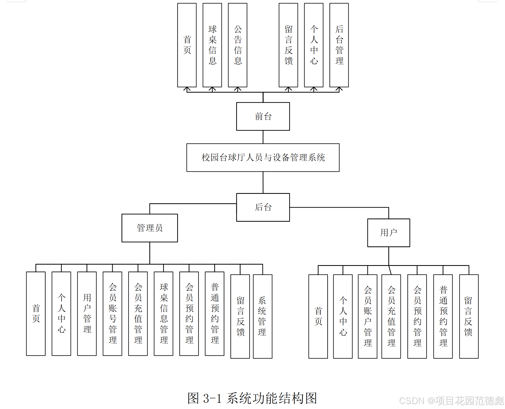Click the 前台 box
(x=263, y=116)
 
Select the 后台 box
(x=263, y=207)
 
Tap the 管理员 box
(x=150, y=228)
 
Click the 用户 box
(x=389, y=233)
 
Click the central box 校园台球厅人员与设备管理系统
(x=263, y=157)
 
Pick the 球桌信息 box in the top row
(x=212, y=45)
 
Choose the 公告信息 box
(x=237, y=45)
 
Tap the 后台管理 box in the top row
(x=339, y=45)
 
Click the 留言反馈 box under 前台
(x=288, y=45)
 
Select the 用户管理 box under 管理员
(x=87, y=314)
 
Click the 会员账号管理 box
(x=112, y=314)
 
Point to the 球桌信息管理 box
(x=163, y=314)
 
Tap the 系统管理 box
(x=263, y=316)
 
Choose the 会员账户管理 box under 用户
(x=368, y=316)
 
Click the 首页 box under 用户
(x=318, y=316)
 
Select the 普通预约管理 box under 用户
(x=443, y=316)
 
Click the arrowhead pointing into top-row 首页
(x=187, y=89)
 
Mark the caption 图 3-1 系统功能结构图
(x=252, y=398)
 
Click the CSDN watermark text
(x=451, y=401)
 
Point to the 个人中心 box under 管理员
(x=61, y=314)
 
